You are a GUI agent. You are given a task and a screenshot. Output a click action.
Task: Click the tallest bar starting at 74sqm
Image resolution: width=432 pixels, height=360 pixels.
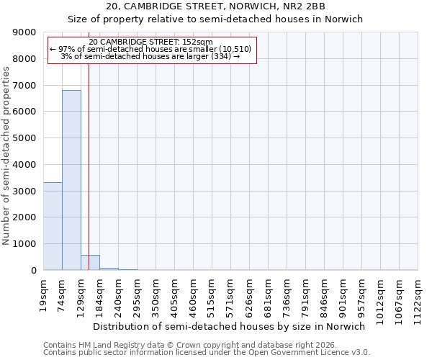pos(71,180)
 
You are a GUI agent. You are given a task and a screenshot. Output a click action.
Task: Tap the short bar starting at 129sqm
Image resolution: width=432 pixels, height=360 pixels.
pos(90,263)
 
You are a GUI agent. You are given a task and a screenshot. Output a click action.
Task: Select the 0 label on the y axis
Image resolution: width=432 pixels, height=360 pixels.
pos(33,271)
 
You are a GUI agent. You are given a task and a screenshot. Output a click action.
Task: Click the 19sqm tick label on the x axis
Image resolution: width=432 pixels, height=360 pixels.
pos(44,292)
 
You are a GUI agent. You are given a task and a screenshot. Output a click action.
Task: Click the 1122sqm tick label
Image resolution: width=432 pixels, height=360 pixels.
pos(418,297)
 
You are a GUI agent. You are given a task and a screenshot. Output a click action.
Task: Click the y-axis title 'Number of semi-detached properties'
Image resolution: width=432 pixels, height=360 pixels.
pos(6,151)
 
